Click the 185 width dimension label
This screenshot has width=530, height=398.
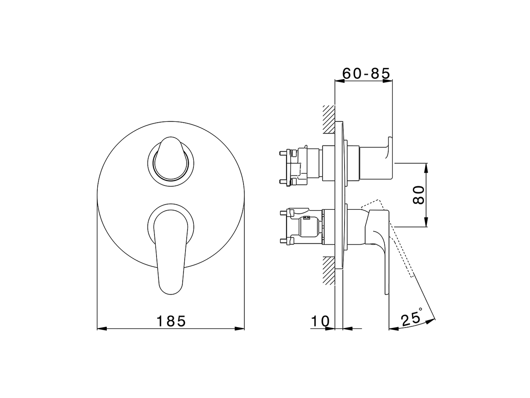click(171, 321)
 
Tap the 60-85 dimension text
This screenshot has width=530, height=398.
click(366, 73)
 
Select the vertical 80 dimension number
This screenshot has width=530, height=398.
click(419, 194)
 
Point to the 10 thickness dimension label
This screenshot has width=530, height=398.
click(320, 321)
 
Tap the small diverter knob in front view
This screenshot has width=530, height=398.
click(171, 160)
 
